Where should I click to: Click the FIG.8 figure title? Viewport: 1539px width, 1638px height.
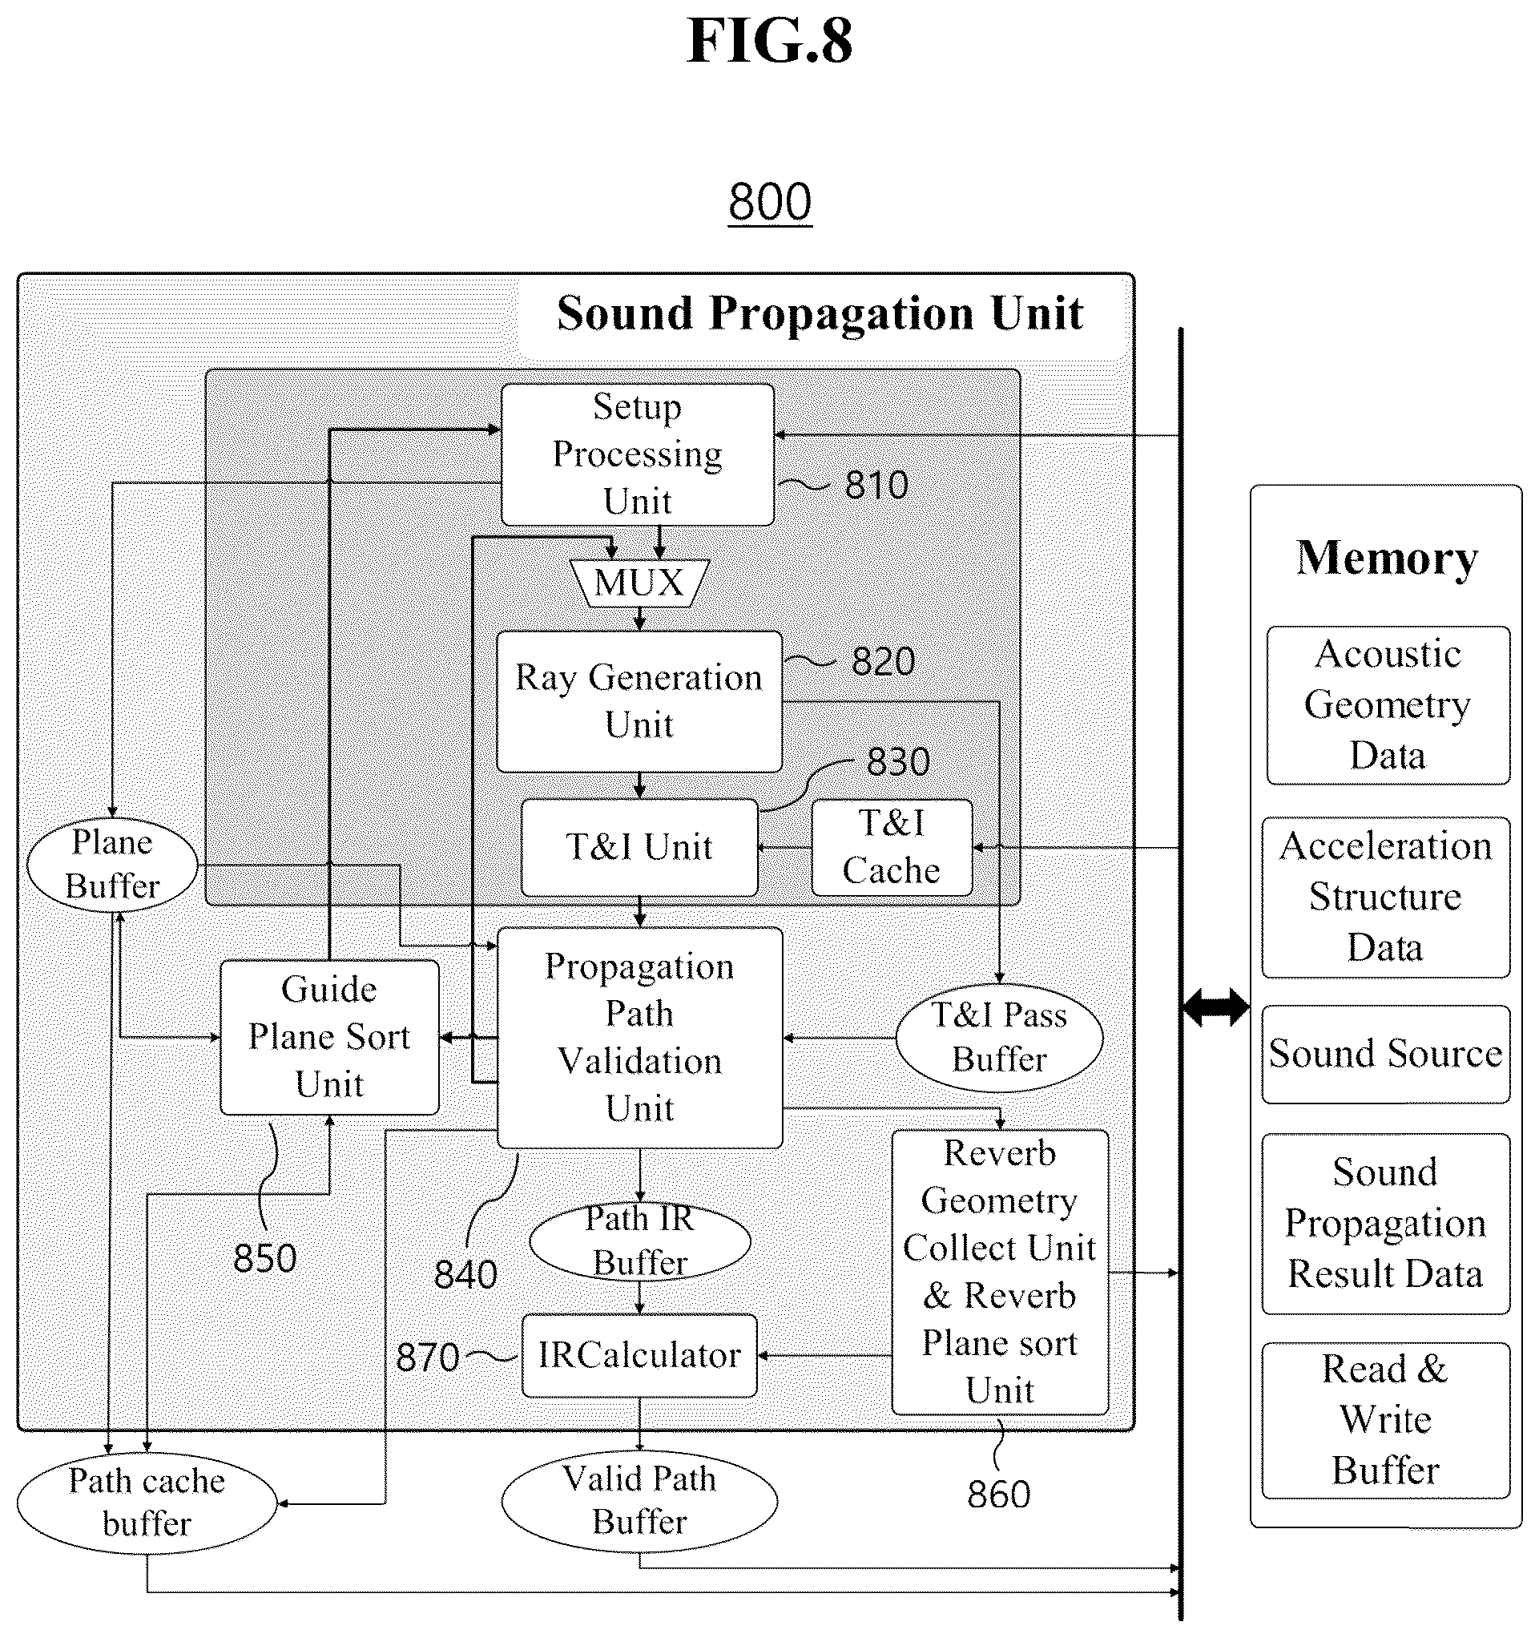tap(769, 41)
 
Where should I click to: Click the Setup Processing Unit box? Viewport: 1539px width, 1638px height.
tap(638, 454)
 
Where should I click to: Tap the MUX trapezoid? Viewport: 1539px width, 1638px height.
tap(639, 583)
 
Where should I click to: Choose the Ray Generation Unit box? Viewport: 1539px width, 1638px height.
tap(639, 702)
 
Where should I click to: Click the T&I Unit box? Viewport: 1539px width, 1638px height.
tap(639, 847)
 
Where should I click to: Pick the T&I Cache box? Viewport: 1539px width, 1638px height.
tap(892, 847)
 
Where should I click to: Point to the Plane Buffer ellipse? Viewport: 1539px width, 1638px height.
tap(112, 865)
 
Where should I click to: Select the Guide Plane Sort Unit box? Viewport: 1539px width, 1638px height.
tap(329, 1037)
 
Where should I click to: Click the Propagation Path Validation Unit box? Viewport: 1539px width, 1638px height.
tap(639, 1037)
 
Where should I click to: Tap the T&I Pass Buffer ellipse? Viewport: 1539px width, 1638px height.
tap(998, 1037)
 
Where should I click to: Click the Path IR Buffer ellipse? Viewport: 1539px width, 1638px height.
tap(639, 1241)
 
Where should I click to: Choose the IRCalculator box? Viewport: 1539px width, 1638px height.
tap(639, 1355)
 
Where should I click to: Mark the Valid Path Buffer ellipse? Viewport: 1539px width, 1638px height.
tap(639, 1501)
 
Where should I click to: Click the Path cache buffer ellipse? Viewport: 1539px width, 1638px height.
tap(147, 1503)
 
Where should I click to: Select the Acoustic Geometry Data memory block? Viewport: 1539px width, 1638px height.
tap(1388, 705)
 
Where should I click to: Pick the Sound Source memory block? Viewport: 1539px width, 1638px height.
tap(1386, 1054)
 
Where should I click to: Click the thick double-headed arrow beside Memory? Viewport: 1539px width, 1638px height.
tap(1216, 1007)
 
